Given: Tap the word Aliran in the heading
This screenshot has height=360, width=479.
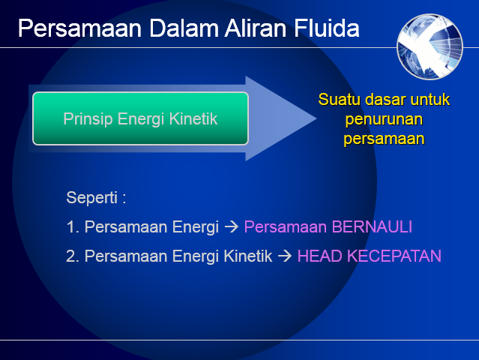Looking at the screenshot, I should coord(246,28).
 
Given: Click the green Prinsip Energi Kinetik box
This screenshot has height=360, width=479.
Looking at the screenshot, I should coord(140,118).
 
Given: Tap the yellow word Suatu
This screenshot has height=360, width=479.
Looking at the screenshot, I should coord(336,100).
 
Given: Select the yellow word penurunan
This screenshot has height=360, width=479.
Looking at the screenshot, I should coord(383,119).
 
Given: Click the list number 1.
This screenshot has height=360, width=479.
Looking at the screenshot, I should coord(71,226).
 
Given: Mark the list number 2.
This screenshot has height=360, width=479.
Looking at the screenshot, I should coord(72,256).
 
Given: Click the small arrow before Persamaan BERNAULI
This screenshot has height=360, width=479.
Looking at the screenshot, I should coord(232,226).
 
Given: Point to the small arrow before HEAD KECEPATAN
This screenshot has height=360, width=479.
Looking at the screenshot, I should coord(285,256).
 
